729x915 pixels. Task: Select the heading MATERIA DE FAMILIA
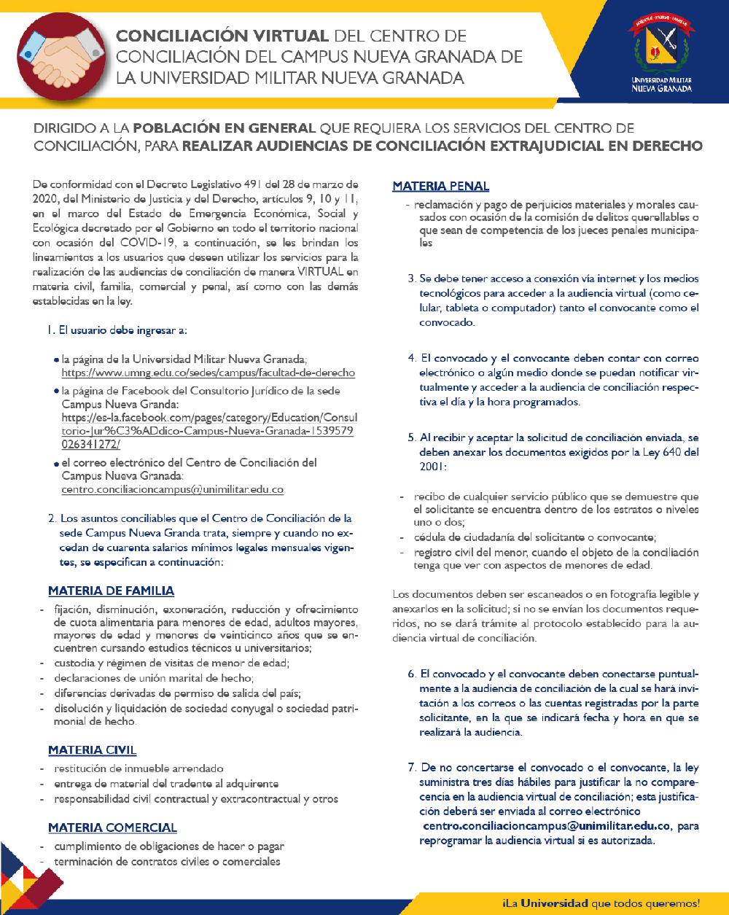click(x=111, y=591)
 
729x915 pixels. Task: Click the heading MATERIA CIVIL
click(x=92, y=749)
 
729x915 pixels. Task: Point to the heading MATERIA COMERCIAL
click(x=112, y=828)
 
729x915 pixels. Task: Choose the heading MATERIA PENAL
click(x=441, y=187)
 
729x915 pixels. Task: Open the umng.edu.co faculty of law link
click(x=208, y=373)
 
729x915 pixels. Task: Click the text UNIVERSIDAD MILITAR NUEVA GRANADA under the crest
click(x=662, y=85)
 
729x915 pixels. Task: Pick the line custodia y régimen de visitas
click(x=172, y=663)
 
